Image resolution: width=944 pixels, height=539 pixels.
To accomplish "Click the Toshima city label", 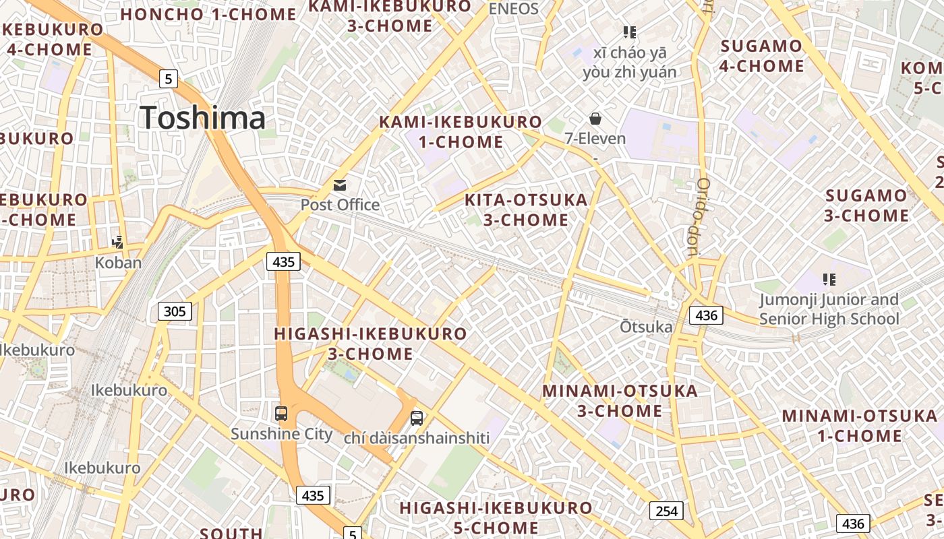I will pyautogui.click(x=203, y=118).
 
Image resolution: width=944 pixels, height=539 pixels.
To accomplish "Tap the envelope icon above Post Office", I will pyautogui.click(x=340, y=185).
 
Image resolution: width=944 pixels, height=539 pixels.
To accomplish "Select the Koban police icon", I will pyautogui.click(x=118, y=242).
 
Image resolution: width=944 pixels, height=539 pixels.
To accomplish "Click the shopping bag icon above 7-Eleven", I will pyautogui.click(x=595, y=119).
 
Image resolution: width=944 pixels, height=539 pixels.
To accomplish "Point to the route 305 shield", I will pyautogui.click(x=175, y=311).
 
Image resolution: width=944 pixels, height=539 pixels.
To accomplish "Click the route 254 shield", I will pyautogui.click(x=666, y=511).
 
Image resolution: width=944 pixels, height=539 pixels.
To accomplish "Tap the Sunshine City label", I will pyautogui.click(x=281, y=433).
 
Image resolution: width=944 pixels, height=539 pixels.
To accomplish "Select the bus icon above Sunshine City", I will pyautogui.click(x=281, y=413).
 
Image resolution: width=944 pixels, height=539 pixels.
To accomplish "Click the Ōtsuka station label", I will pyautogui.click(x=646, y=327).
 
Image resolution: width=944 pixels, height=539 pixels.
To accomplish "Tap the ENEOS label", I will pyautogui.click(x=514, y=9).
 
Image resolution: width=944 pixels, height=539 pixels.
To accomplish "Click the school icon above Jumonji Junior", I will pyautogui.click(x=829, y=279).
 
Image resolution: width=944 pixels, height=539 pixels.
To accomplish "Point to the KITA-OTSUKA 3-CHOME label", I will pyautogui.click(x=526, y=210).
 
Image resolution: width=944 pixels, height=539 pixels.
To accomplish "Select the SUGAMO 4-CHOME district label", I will pyautogui.click(x=762, y=56).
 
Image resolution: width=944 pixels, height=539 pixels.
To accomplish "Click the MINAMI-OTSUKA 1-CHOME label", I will pyautogui.click(x=860, y=425).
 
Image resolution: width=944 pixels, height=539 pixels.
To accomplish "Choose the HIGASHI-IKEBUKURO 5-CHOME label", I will pyautogui.click(x=496, y=517).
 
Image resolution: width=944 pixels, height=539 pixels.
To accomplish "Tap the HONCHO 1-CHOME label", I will pyautogui.click(x=209, y=14).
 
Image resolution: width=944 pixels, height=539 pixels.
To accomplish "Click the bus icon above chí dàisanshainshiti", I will pyautogui.click(x=417, y=418).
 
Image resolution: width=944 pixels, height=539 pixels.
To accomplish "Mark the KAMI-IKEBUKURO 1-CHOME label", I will pyautogui.click(x=461, y=132).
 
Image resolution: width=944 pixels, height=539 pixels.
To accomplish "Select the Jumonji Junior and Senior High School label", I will pyautogui.click(x=829, y=309).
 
